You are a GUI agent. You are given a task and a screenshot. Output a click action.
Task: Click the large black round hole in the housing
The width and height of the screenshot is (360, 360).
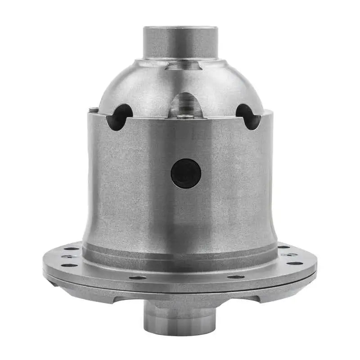click(185, 174)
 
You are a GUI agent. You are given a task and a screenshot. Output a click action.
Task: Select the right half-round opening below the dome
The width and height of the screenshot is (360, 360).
click(248, 117)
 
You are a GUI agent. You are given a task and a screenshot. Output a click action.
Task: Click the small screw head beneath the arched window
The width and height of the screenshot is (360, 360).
click(185, 117)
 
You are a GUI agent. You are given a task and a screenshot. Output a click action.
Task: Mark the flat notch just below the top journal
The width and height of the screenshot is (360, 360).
click(182, 66)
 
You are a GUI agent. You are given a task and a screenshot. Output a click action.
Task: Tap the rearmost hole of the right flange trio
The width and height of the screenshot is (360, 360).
click(284, 247)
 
